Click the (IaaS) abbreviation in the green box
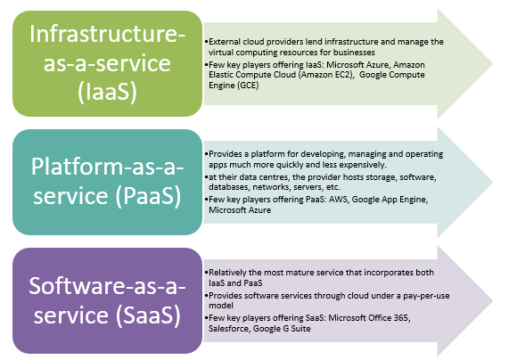(107, 92)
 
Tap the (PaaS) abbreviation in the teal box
(148, 195)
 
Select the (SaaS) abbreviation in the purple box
(148, 315)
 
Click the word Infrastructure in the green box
(105, 34)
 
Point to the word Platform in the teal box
(77, 167)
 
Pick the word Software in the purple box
(77, 286)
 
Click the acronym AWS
(338, 200)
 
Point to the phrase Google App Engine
(390, 200)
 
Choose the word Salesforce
(228, 329)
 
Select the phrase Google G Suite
(282, 329)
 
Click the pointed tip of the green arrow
(493, 63)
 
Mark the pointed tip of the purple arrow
(493, 300)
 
